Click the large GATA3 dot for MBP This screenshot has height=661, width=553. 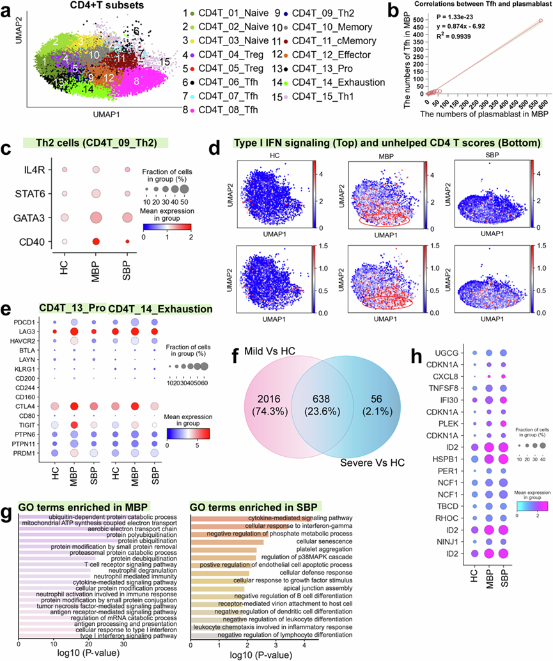pos(97,218)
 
